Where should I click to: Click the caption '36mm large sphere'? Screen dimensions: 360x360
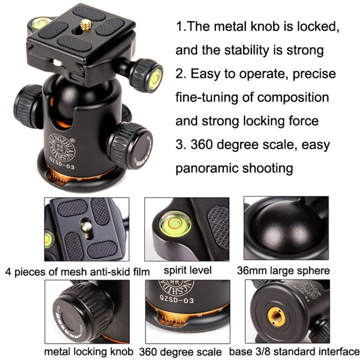[283, 271]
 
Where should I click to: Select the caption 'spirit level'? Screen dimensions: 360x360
[188, 270]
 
